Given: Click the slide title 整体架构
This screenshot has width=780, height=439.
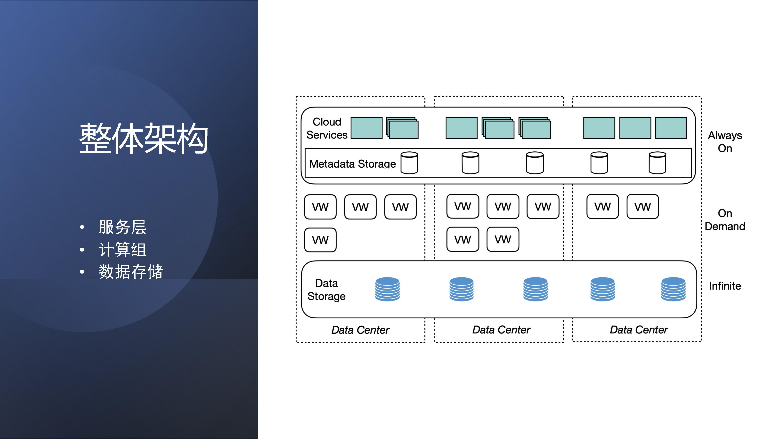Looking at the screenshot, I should [x=144, y=139].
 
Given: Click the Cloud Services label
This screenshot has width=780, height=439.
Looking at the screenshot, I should [x=327, y=128].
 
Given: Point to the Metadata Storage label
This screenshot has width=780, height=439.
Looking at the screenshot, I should [x=352, y=164].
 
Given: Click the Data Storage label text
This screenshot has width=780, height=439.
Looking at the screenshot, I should [x=326, y=290].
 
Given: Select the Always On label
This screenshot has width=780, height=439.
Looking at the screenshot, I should [x=725, y=141].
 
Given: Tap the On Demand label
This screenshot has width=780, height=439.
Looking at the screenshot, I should [x=725, y=220].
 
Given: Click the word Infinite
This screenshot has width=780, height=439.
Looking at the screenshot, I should [x=725, y=286].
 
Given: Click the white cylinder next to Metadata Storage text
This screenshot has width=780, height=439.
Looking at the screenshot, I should [x=409, y=163].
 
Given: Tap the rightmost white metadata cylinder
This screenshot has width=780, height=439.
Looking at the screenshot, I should [x=657, y=163].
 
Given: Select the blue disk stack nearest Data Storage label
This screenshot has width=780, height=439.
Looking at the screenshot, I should [x=387, y=289].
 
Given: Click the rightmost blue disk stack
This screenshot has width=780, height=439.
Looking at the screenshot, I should [x=673, y=289].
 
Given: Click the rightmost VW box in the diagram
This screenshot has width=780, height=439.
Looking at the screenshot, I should [x=643, y=207].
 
